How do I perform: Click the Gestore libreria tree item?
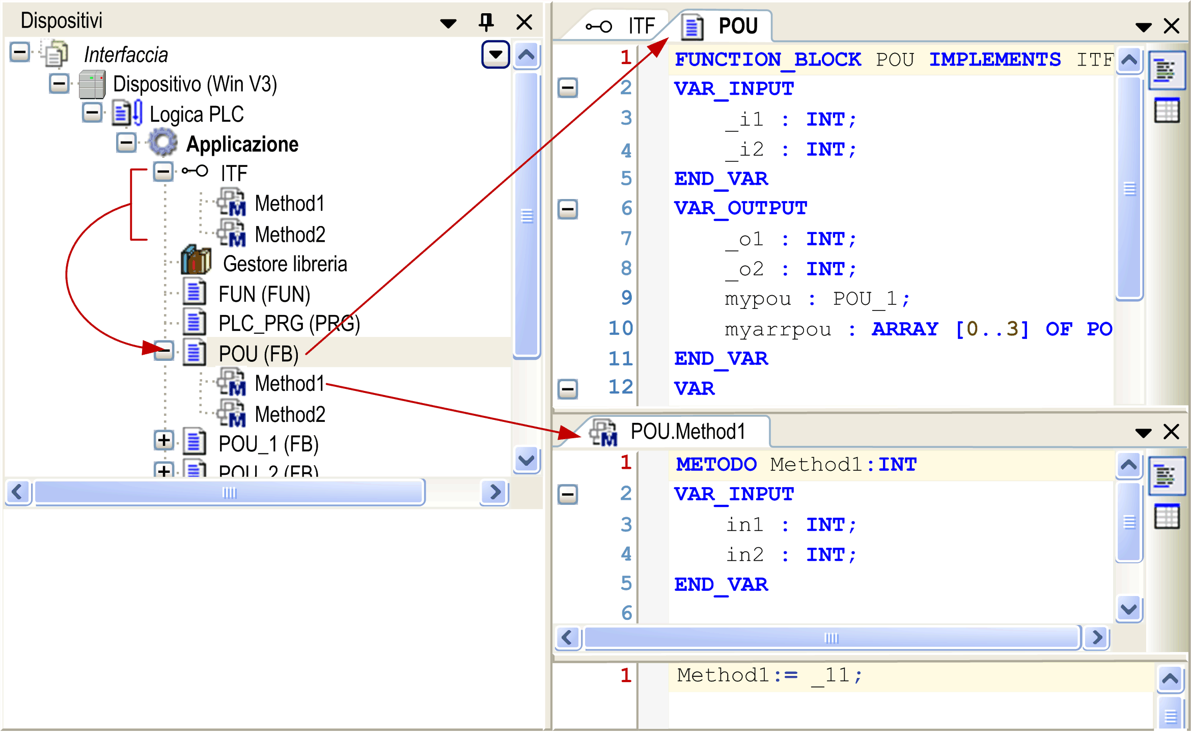[x=285, y=264]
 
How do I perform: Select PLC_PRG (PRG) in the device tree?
[x=289, y=324]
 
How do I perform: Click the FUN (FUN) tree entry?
[x=264, y=294]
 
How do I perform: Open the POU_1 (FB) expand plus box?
[x=163, y=440]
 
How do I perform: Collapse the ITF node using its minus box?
[x=163, y=172]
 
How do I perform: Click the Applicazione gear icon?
[x=163, y=143]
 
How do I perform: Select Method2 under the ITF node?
[x=290, y=234]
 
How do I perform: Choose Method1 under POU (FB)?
[x=290, y=383]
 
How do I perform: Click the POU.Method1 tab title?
[x=687, y=431]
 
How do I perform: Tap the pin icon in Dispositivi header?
[x=486, y=22]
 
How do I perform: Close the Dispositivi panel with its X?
[x=524, y=22]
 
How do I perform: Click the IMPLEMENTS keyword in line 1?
[x=995, y=60]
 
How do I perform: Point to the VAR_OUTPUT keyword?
[x=741, y=208]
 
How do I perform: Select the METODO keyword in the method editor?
[x=716, y=464]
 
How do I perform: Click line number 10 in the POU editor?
[x=621, y=328]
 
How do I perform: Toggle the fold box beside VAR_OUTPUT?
[x=567, y=209]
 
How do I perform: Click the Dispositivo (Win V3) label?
[x=195, y=84]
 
